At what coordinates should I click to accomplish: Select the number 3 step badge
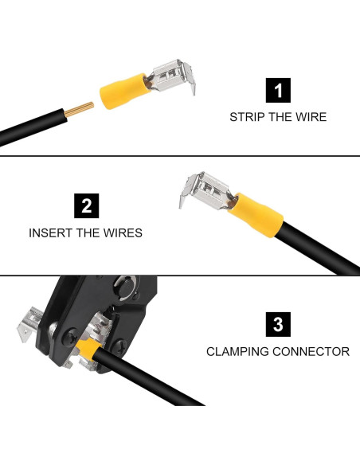tap(277, 324)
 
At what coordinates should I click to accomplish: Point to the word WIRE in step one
tap(310, 117)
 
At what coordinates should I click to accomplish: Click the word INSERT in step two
tap(49, 233)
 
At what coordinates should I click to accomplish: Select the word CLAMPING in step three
tap(237, 351)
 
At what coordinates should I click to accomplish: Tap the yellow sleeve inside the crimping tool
tap(88, 350)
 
